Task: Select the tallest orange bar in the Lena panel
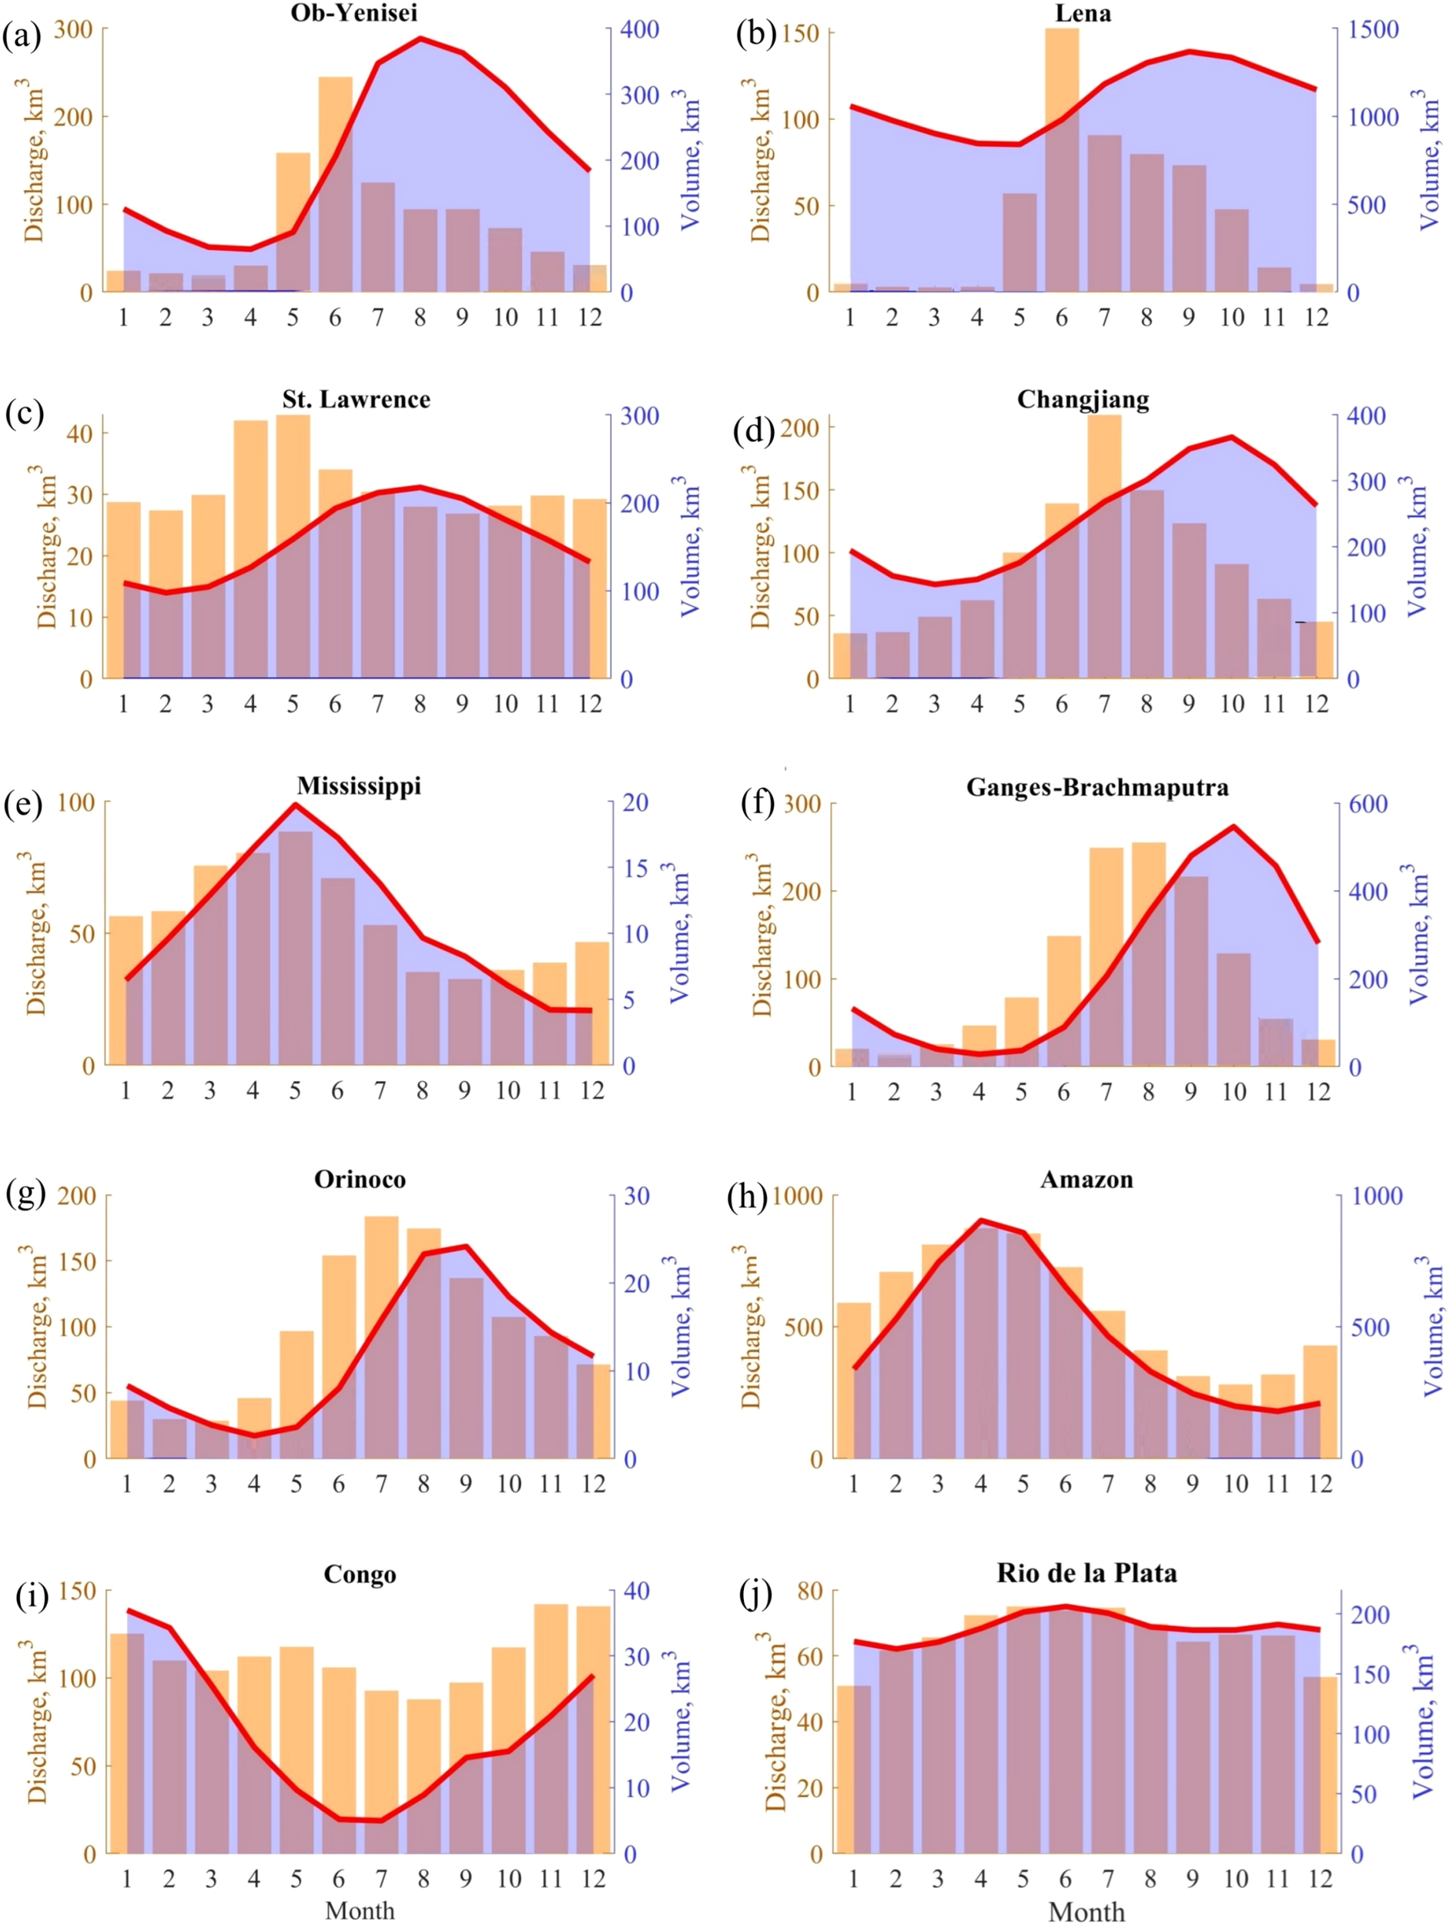click(x=1062, y=161)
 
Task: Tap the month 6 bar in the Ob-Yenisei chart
click(x=335, y=185)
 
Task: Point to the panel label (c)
click(x=24, y=412)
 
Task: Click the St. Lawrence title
click(x=356, y=400)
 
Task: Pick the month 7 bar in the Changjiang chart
click(x=1104, y=547)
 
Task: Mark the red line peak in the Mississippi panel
click(x=295, y=804)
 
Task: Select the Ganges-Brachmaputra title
click(x=1097, y=788)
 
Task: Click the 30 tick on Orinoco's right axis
click(x=637, y=1196)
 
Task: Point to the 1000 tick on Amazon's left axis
click(x=797, y=1196)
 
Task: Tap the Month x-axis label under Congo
click(x=360, y=1911)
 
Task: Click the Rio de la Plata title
click(x=1086, y=1572)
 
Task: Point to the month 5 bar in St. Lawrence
click(x=293, y=547)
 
